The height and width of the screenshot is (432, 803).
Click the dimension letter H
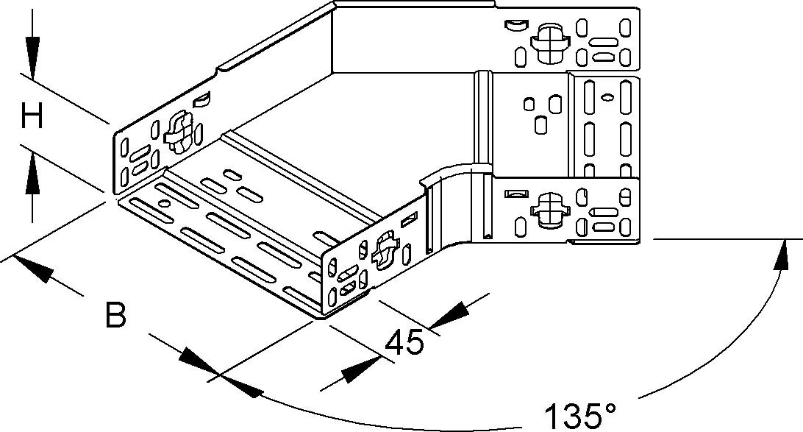(x=32, y=116)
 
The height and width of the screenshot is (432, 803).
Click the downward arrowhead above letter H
(x=31, y=55)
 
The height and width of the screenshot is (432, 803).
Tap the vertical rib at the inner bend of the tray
(x=482, y=118)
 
